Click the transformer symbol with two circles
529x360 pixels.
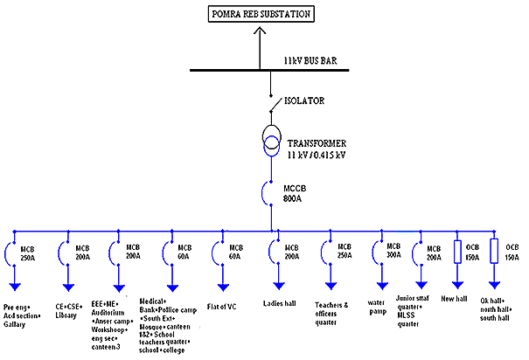(272, 142)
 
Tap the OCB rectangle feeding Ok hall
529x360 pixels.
(493, 251)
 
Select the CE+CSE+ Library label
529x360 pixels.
(73, 309)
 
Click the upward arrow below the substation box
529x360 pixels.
(260, 33)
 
